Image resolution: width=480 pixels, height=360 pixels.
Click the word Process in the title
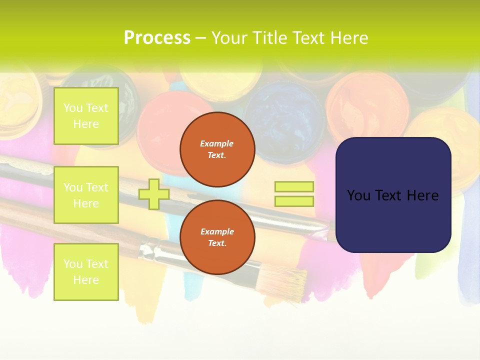point(157,38)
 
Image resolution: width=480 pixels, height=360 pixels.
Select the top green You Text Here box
point(86,116)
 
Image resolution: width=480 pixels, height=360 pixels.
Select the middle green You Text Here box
point(86,195)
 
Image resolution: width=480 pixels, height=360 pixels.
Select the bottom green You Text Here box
point(86,272)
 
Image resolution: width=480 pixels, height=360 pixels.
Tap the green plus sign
point(153,194)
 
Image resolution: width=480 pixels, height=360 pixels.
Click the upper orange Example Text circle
point(217,149)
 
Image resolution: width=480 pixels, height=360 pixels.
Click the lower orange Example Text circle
point(217,237)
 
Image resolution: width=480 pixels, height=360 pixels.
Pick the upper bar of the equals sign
point(294,186)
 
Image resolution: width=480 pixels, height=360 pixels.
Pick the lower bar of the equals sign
point(294,201)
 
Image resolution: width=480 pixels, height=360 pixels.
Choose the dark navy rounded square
point(393,195)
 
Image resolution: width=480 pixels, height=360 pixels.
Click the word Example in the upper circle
point(216,143)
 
